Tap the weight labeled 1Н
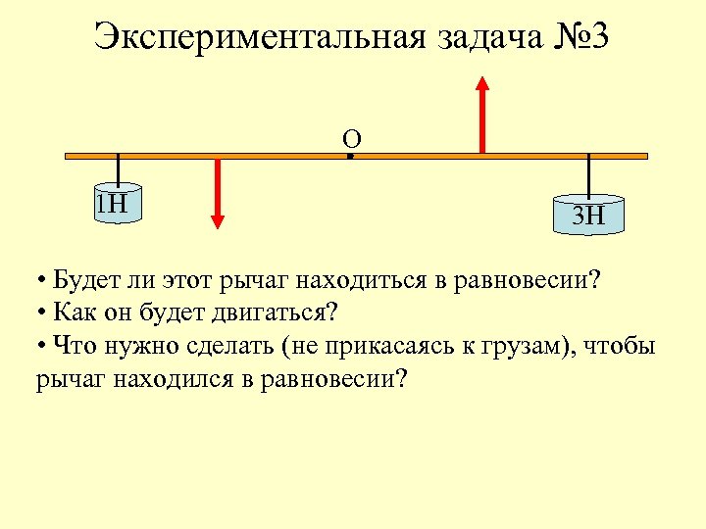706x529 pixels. pos(118,203)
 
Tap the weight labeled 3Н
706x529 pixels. pos(588,215)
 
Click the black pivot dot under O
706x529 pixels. pos(350,155)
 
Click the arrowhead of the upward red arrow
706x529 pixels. pos(481,83)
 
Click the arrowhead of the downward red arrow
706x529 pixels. pos(218,220)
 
